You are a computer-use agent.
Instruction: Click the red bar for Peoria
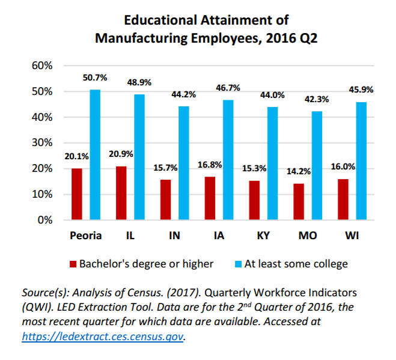(76, 194)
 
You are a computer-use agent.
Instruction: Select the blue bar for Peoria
(95, 155)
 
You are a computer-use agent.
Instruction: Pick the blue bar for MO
(317, 165)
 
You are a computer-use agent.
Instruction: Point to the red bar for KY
(254, 200)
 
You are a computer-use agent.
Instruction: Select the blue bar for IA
(228, 160)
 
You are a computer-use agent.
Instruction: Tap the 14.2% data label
(299, 171)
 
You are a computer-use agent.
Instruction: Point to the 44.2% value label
(184, 94)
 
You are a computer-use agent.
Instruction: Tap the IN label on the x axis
(174, 236)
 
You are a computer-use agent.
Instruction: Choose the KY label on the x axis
(263, 236)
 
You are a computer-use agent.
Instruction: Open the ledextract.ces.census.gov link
(103, 337)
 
